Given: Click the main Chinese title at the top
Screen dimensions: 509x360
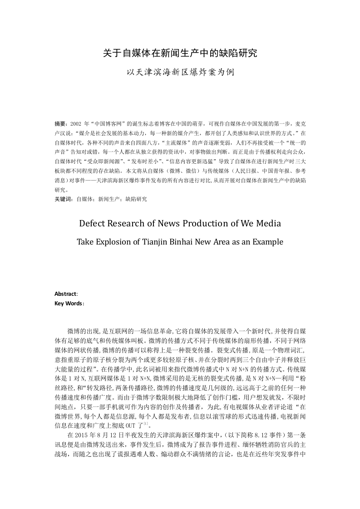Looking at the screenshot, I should coord(180,53).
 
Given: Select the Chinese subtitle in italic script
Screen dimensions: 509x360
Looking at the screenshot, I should coord(180,72).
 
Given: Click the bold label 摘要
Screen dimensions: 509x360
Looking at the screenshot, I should coord(60,123).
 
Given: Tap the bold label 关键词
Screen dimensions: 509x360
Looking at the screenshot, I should coord(63,199).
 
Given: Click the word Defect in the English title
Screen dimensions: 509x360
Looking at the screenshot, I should coord(93,223).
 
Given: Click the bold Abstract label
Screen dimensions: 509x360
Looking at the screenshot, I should coord(66,294).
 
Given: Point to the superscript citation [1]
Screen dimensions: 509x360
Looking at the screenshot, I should coord(145,423).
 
